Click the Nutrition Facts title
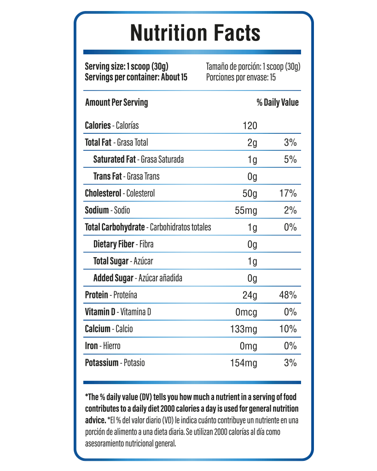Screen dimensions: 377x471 195,33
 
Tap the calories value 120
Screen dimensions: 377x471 250,126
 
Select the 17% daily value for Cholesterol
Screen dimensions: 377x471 288,193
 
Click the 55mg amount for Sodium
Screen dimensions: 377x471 246,210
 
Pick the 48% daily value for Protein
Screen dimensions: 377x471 288,295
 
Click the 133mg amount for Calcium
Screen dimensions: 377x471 244,329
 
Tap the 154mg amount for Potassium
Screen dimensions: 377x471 244,363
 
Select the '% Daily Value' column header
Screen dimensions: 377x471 278,103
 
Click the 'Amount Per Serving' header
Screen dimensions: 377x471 116,103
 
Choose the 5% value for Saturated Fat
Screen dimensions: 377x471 290,159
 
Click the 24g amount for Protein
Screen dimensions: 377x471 250,295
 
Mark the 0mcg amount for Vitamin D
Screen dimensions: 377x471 246,312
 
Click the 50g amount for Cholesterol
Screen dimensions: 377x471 250,194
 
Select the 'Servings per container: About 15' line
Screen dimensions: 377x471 136,77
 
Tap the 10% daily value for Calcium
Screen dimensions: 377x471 288,329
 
